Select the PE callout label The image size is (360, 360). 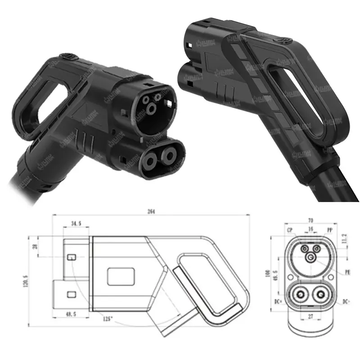click(347, 272)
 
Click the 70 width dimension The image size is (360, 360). click(310, 220)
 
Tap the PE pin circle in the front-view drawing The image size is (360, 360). click(310, 257)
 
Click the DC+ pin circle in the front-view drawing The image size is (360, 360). click(298, 295)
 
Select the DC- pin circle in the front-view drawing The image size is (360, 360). click(321, 295)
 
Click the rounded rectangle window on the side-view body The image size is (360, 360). click(121, 275)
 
